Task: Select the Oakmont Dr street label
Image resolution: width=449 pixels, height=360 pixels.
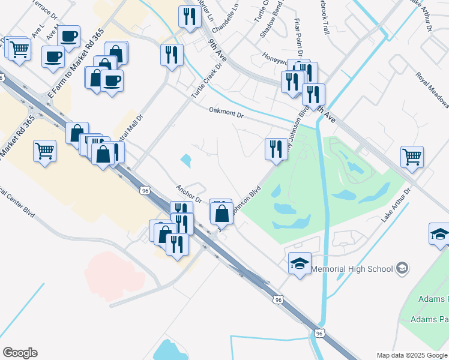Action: (x=226, y=112)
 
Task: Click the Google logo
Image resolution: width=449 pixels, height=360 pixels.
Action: (x=20, y=353)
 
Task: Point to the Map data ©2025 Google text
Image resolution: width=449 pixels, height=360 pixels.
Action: (x=411, y=355)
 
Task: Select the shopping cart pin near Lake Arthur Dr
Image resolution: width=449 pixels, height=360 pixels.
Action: (x=412, y=157)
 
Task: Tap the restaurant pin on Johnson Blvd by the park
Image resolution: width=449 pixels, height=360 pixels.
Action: (x=276, y=149)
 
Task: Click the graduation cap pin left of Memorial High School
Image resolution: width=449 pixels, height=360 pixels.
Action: (x=300, y=263)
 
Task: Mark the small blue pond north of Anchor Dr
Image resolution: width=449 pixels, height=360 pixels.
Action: (x=186, y=160)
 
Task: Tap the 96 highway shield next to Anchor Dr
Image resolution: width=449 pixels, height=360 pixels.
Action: (x=145, y=190)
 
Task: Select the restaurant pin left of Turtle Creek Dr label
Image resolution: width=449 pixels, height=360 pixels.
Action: (x=172, y=55)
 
